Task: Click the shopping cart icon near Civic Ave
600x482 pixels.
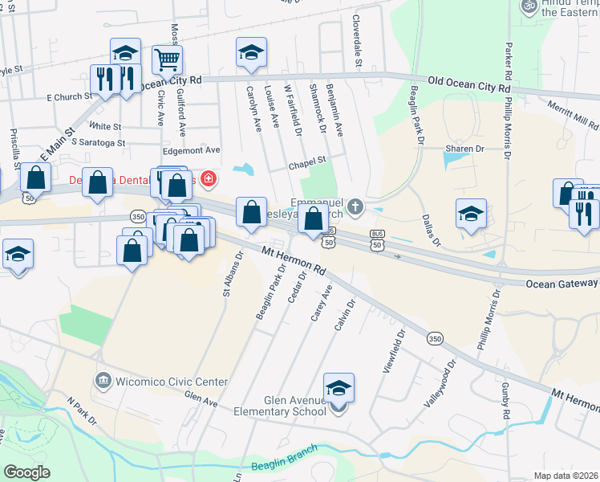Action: [x=167, y=59]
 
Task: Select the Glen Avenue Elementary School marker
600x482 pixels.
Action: [x=339, y=387]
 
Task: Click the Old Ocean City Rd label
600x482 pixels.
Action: [x=469, y=82]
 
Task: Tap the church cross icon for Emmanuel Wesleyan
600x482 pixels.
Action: [x=356, y=209]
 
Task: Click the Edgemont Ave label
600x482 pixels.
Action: [x=191, y=150]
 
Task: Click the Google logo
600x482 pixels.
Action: [x=26, y=472]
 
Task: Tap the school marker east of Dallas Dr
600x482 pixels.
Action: [x=471, y=214]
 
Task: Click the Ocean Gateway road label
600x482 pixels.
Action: [x=561, y=284]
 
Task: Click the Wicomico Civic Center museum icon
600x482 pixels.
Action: [x=103, y=379]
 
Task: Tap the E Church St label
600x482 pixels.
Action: [x=71, y=97]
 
